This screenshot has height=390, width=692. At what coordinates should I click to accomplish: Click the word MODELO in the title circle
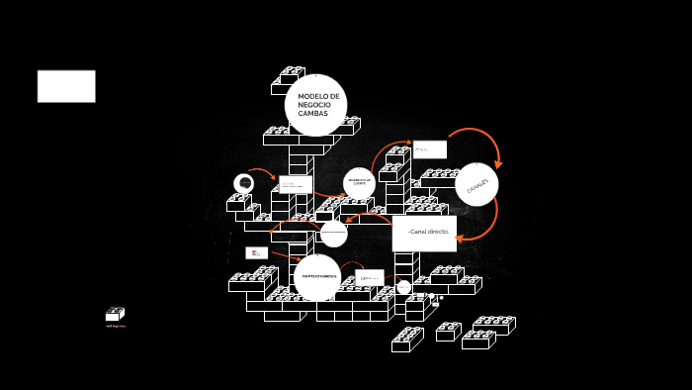pos(318,96)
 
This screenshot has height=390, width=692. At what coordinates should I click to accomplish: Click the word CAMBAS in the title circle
pos(313,114)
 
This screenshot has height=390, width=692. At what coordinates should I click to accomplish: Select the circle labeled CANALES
pos(476,184)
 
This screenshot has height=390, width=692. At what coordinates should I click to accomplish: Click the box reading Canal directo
pos(424,233)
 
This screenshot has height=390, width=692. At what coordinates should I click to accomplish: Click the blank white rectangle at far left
pos(66,86)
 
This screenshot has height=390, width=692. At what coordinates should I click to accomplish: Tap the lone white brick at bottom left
pos(115,315)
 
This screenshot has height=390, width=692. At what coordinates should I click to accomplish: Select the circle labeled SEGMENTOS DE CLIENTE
pos(359,182)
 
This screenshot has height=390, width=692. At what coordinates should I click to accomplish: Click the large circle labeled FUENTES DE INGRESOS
pos(317,277)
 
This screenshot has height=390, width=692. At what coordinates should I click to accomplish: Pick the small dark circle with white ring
pos(243,184)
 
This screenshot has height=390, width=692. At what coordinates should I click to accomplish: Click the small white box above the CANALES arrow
pos(429,149)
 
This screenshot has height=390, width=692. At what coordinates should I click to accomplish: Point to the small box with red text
pos(256,252)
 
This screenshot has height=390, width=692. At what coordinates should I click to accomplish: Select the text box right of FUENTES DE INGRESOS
pos(369,278)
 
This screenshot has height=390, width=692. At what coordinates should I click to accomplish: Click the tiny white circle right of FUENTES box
pos(403,287)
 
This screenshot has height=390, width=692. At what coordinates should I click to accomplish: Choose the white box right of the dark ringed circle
pos(295,184)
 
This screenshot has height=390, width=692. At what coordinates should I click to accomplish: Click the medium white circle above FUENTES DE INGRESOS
pos(333,234)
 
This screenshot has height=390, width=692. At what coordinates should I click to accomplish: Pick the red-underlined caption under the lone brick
pos(116,326)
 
